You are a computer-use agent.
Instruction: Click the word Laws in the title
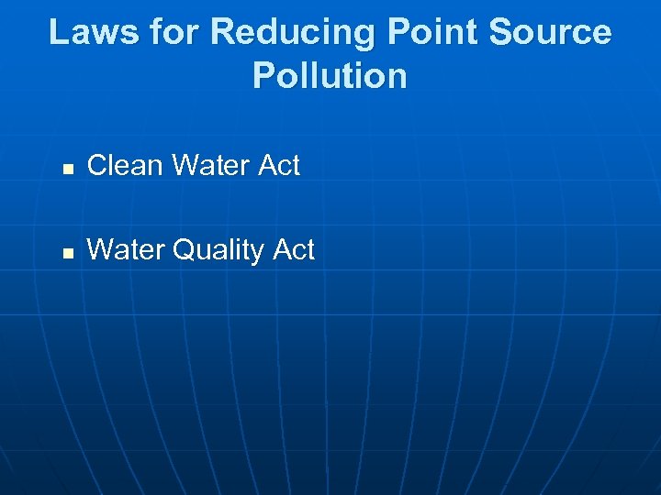pos(90,32)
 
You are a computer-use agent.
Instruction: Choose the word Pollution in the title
pos(330,75)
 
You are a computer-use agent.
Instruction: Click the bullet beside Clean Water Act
pos(66,168)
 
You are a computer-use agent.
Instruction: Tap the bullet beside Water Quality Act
pos(66,252)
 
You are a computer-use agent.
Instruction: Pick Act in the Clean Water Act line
pos(280,166)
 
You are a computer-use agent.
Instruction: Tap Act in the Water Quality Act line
pos(295,250)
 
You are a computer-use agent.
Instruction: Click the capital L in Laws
pos(58,32)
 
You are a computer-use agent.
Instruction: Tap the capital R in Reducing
pos(222,32)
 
